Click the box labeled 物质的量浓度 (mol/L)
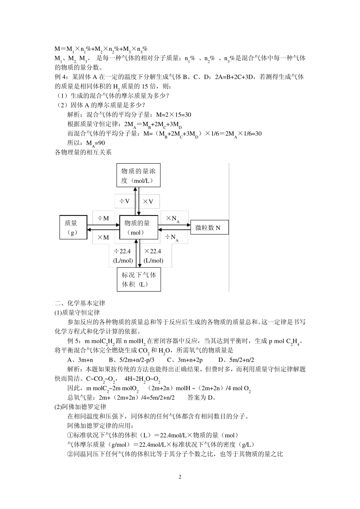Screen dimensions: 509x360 (x=138, y=175)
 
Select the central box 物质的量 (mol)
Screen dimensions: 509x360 (x=138, y=227)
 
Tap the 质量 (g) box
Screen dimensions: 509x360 (x=73, y=227)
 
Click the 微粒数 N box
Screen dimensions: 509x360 (x=209, y=227)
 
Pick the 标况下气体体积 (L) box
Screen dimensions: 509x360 (x=138, y=279)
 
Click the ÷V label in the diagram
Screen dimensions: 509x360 (x=125, y=201)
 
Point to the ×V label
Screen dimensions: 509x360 (x=149, y=201)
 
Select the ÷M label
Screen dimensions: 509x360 (x=103, y=218)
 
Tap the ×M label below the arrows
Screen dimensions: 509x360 (x=103, y=237)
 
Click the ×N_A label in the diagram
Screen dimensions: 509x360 (x=172, y=219)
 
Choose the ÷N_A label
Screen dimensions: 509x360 (x=172, y=237)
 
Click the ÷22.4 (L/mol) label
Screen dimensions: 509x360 (x=123, y=256)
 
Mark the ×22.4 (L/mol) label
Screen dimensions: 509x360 (x=153, y=256)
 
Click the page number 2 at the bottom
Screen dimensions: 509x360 (x=180, y=477)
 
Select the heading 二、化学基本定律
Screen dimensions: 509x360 (x=80, y=303)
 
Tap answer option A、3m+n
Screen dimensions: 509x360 (x=80, y=360)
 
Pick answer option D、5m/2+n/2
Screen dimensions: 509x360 (x=236, y=360)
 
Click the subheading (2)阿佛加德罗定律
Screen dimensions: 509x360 (x=81, y=407)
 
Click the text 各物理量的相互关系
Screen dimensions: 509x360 (x=83, y=153)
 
